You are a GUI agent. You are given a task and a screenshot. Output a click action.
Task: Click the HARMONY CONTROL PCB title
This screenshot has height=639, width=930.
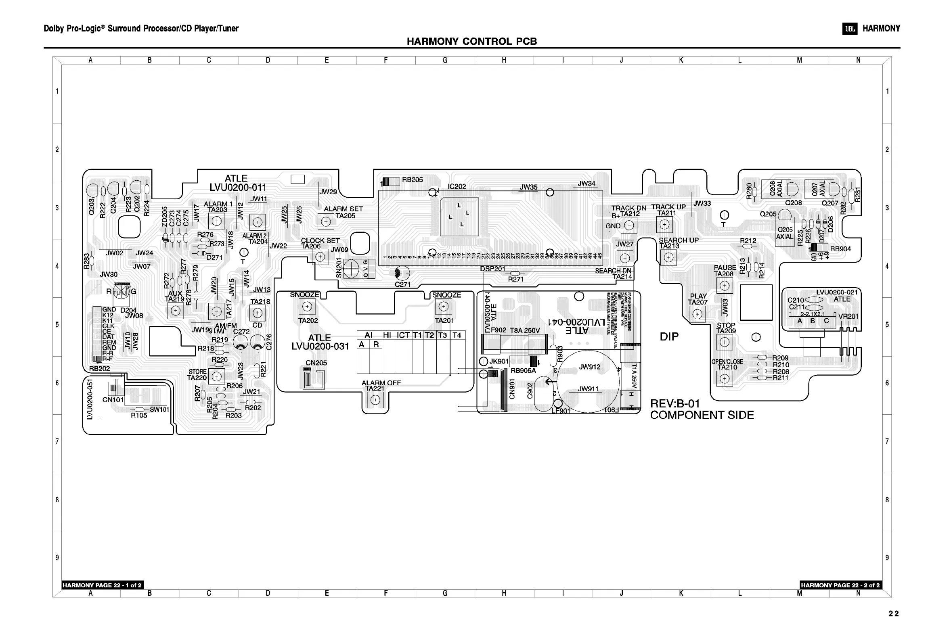pos(471,42)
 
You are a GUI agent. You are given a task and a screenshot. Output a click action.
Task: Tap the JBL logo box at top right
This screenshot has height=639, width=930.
pos(850,29)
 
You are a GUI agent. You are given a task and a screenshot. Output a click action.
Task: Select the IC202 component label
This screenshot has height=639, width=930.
pos(457,186)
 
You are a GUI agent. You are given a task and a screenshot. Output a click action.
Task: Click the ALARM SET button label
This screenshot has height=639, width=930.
pos(344,209)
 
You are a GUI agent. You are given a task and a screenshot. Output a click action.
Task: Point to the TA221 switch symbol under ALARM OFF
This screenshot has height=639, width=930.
pos(375,400)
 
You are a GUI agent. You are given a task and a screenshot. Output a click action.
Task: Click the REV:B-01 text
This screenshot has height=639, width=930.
pos(675,403)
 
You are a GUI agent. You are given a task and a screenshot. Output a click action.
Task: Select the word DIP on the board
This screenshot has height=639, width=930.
pos(669,336)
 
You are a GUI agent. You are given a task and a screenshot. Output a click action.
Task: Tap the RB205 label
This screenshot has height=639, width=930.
pos(413,180)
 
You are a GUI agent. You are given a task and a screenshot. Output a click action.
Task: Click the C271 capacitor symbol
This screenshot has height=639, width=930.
pos(402,274)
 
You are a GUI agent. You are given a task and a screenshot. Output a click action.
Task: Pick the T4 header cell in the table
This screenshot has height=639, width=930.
pos(457,335)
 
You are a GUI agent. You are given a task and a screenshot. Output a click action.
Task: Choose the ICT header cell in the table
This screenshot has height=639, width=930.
pos(403,335)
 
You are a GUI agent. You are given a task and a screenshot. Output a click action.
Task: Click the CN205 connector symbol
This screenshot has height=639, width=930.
pos(313,378)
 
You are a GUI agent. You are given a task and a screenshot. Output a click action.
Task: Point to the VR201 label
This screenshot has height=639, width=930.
pos(848,316)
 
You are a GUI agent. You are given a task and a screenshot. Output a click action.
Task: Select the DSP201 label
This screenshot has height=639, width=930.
pos(492,269)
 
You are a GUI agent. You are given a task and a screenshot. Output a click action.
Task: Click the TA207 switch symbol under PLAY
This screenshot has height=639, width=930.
pos(697,313)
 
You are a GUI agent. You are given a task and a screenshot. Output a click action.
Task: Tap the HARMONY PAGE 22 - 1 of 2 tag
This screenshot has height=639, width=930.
pos(102,585)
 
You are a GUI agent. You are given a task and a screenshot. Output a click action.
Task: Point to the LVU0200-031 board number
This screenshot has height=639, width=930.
pos(320,347)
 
